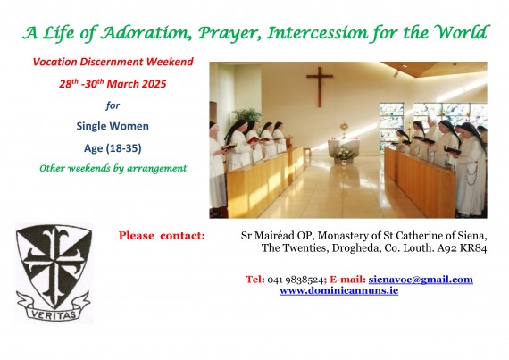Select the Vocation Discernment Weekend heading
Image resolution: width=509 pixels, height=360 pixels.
(x=113, y=62)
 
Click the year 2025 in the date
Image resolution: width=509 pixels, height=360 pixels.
(x=153, y=84)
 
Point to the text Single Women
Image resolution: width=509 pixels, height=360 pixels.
(x=113, y=126)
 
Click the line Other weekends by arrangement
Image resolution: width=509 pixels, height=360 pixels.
(x=113, y=169)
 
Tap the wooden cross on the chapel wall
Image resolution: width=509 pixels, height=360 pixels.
(x=320, y=87)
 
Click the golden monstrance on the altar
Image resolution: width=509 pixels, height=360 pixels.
(x=344, y=130)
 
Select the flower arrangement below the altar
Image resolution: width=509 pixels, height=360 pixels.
(x=344, y=154)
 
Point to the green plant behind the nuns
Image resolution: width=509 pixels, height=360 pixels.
(x=247, y=114)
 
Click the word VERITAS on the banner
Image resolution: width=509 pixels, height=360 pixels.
(x=54, y=314)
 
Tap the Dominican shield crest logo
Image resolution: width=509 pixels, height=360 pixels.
(x=54, y=272)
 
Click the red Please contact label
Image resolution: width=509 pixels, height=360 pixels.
(x=162, y=236)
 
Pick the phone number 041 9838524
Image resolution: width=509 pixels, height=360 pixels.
(x=296, y=280)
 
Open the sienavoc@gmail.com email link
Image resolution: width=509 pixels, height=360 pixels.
(x=421, y=280)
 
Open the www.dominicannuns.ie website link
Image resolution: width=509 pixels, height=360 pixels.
(x=339, y=290)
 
